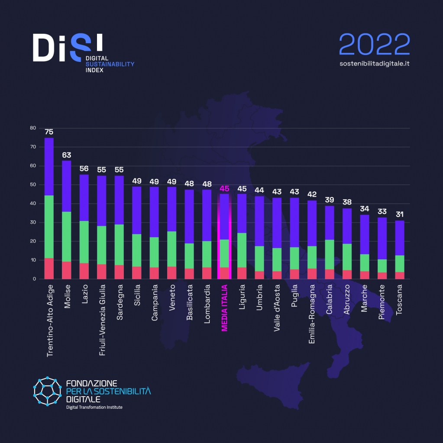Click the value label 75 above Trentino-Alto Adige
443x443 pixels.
(x=49, y=132)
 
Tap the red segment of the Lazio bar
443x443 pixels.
(x=84, y=271)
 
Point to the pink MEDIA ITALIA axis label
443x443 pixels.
(x=224, y=308)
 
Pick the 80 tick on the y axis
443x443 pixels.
(x=32, y=128)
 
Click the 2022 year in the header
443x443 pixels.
(x=374, y=44)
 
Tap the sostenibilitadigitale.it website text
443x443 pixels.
(x=375, y=63)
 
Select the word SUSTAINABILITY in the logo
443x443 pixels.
(x=110, y=64)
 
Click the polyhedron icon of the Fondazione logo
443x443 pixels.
(x=48, y=391)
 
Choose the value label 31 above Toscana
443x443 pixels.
(x=399, y=214)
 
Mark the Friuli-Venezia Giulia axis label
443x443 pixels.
(x=102, y=320)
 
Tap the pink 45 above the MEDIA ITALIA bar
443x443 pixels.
(x=224, y=188)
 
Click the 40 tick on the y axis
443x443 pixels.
(x=32, y=204)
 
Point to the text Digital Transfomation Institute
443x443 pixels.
(x=94, y=407)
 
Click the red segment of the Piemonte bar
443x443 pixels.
(x=382, y=275)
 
